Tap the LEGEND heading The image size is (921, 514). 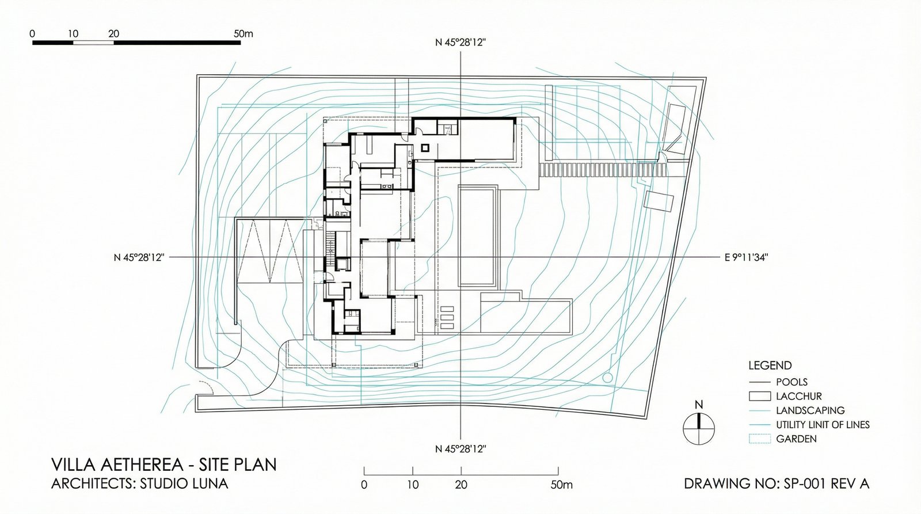pos(770,365)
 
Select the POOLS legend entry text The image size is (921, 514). pos(792,382)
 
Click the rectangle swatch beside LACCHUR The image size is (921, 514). pos(759,396)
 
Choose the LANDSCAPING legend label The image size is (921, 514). pos(810,410)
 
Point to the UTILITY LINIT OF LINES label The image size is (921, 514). pos(823,425)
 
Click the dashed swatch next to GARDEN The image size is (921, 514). pos(759,439)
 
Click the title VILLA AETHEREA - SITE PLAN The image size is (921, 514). pos(164,464)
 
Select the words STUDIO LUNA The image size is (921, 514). pos(184,483)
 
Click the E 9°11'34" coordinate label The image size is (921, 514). pos(746,257)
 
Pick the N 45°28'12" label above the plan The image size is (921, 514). pos(461,43)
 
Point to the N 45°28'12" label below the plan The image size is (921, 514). pos(461,448)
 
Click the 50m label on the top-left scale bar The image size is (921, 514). pos(243,34)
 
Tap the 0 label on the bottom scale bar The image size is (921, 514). pos(364,485)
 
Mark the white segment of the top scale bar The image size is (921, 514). pos(93,43)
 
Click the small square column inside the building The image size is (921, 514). pos(425,147)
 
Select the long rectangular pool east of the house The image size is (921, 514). pos(478,235)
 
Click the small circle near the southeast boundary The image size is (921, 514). pos(607,377)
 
